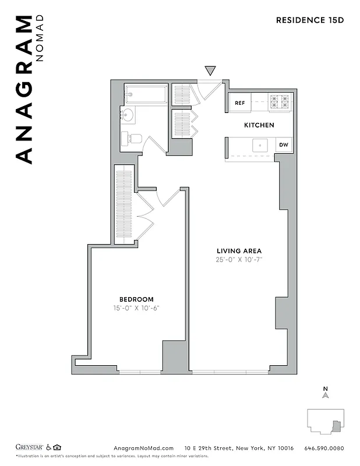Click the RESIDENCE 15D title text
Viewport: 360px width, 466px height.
click(310, 20)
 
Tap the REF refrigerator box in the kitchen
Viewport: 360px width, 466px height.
click(239, 103)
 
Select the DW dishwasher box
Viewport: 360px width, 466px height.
click(284, 145)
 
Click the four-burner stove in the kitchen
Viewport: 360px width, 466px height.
click(279, 103)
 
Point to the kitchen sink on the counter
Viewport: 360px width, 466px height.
click(259, 145)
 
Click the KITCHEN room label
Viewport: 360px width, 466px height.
click(259, 125)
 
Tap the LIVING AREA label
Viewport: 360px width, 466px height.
click(239, 251)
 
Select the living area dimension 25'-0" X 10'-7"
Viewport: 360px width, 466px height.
click(239, 259)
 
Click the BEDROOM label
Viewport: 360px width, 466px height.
click(137, 299)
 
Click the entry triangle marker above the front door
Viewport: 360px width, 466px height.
click(210, 71)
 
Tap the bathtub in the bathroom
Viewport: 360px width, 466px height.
click(146, 93)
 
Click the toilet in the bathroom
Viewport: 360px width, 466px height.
click(132, 139)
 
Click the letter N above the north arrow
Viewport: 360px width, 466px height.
click(326, 389)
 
